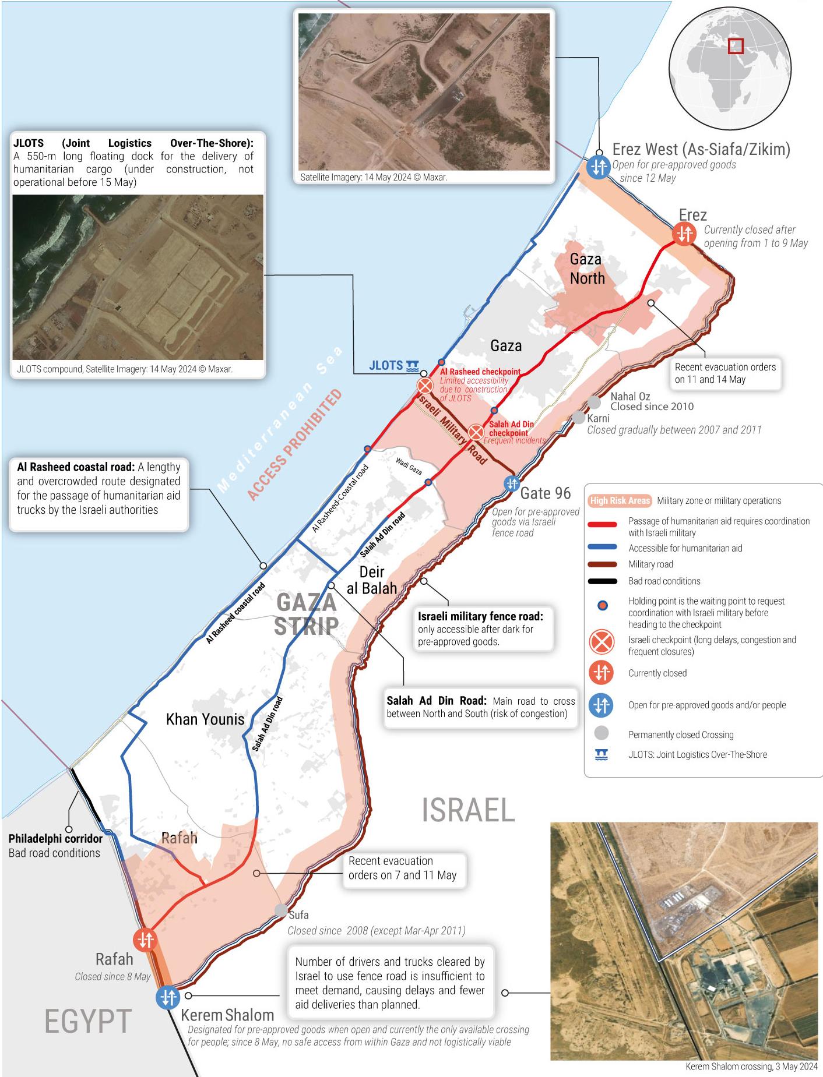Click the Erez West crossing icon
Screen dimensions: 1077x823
point(598,168)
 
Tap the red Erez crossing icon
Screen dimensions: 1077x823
point(684,234)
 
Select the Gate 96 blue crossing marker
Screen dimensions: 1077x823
point(512,483)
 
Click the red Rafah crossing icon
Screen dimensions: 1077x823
point(145,940)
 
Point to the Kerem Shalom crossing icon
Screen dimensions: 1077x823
point(168,997)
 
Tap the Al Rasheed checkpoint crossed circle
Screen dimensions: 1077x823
point(425,386)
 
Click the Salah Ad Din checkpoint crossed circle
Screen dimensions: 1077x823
point(476,432)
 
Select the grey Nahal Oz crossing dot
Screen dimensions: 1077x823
point(593,402)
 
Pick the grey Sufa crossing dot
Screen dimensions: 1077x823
point(281,910)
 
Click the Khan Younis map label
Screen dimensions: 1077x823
point(205,719)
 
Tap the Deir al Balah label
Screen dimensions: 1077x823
point(371,580)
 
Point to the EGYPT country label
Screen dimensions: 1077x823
point(87,1022)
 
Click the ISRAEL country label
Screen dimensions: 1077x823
point(468,810)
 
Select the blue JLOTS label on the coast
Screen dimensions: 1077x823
point(386,365)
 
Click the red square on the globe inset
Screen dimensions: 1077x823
point(736,45)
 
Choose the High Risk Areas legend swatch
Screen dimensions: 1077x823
point(620,501)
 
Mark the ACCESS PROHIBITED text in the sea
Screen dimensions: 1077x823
point(295,446)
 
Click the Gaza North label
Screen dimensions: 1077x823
point(586,269)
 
